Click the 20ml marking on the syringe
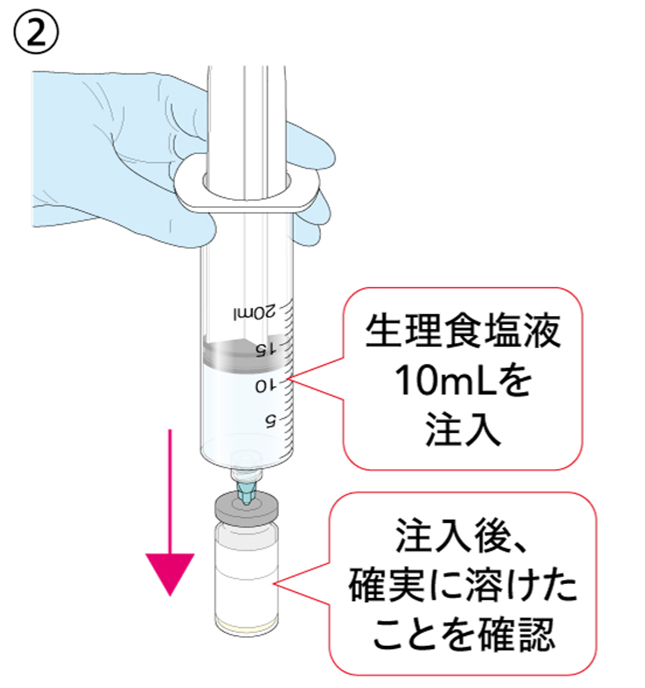click(255, 312)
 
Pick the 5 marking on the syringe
click(270, 420)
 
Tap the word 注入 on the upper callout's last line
click(463, 430)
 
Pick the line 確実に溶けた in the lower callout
click(463, 585)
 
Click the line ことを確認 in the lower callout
click(463, 634)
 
